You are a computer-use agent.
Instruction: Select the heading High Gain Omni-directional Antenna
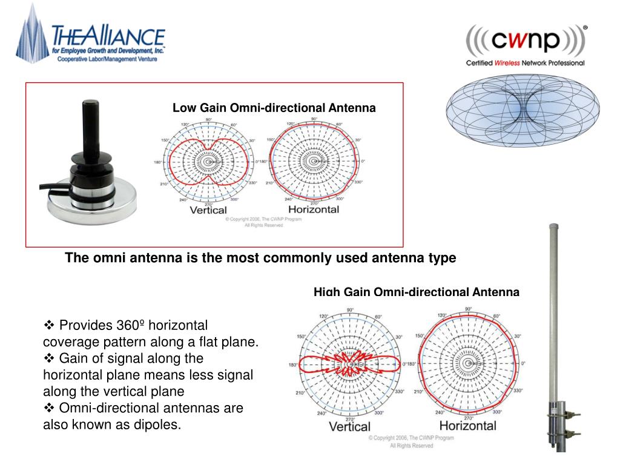pyautogui.click(x=416, y=292)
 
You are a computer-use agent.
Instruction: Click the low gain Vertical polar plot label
pyautogui.click(x=208, y=211)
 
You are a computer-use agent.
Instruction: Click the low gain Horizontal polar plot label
pyautogui.click(x=313, y=210)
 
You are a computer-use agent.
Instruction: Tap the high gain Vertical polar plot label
pyautogui.click(x=349, y=426)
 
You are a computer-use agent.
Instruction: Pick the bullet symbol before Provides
pyautogui.click(x=50, y=325)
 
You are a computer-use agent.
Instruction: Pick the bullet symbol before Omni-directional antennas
pyautogui.click(x=50, y=408)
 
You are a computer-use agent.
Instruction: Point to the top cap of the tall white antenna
pyautogui.click(x=554, y=226)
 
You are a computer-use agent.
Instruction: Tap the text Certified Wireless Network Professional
pyautogui.click(x=524, y=63)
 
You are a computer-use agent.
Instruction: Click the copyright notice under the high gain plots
pyautogui.click(x=411, y=440)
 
